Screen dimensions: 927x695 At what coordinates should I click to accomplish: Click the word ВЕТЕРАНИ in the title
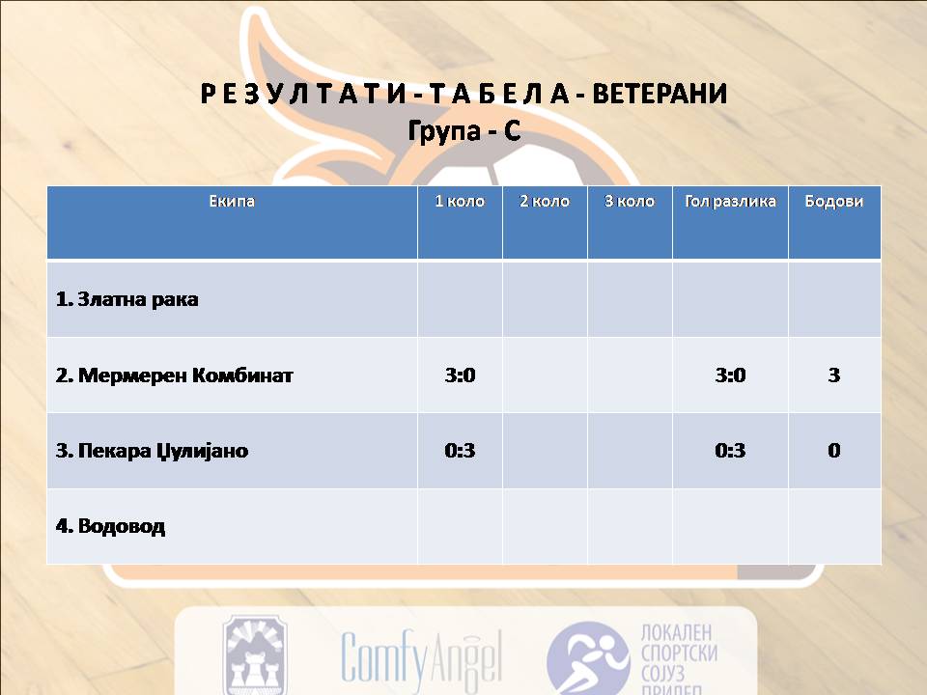click(x=660, y=94)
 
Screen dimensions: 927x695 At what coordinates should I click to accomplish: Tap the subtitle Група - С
click(x=464, y=130)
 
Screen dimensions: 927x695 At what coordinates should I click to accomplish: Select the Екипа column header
click(x=232, y=201)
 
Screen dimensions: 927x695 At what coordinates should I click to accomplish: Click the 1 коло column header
click(x=460, y=201)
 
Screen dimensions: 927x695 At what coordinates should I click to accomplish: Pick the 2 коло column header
click(x=545, y=201)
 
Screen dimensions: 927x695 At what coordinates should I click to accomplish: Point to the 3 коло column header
click(x=630, y=201)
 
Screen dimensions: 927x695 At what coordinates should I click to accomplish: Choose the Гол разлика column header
click(x=730, y=201)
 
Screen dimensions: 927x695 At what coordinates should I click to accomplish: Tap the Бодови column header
click(x=834, y=201)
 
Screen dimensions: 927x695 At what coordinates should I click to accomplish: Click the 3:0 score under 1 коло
click(x=460, y=375)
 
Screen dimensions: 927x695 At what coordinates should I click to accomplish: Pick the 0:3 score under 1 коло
click(x=460, y=451)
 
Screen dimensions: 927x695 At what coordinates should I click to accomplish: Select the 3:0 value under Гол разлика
click(x=730, y=375)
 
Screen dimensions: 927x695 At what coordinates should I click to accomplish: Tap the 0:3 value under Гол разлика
click(x=730, y=451)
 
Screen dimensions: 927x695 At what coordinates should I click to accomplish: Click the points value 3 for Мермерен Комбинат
click(x=834, y=375)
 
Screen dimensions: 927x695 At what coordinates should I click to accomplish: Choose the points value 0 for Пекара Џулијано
click(x=834, y=451)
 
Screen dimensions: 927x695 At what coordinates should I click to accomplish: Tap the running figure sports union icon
click(x=588, y=657)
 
